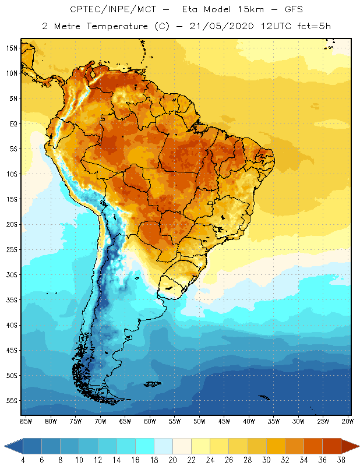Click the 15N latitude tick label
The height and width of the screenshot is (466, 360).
point(12,48)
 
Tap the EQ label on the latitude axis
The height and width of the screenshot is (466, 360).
point(13,123)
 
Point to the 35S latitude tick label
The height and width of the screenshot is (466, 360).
point(12,300)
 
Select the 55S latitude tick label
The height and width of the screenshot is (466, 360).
point(12,401)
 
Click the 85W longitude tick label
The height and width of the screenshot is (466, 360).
point(26,421)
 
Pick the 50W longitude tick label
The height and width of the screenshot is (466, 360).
point(199,421)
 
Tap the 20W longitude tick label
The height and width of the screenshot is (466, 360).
point(348,421)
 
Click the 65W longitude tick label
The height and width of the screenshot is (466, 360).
point(125,421)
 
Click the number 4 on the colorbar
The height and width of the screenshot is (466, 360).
point(23,460)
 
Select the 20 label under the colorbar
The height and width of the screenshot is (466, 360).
point(172,460)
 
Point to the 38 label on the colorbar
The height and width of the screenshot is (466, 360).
point(341,460)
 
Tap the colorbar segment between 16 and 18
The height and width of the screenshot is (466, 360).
point(145,446)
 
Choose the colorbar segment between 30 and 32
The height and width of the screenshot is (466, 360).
point(276,446)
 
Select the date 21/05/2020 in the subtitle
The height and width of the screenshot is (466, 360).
point(221,26)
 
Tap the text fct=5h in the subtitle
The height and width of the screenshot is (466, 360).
point(314,26)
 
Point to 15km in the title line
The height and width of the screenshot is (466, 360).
point(250,9)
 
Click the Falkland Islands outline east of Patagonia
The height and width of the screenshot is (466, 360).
point(153,384)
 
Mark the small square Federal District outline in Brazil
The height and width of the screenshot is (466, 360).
point(210,203)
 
